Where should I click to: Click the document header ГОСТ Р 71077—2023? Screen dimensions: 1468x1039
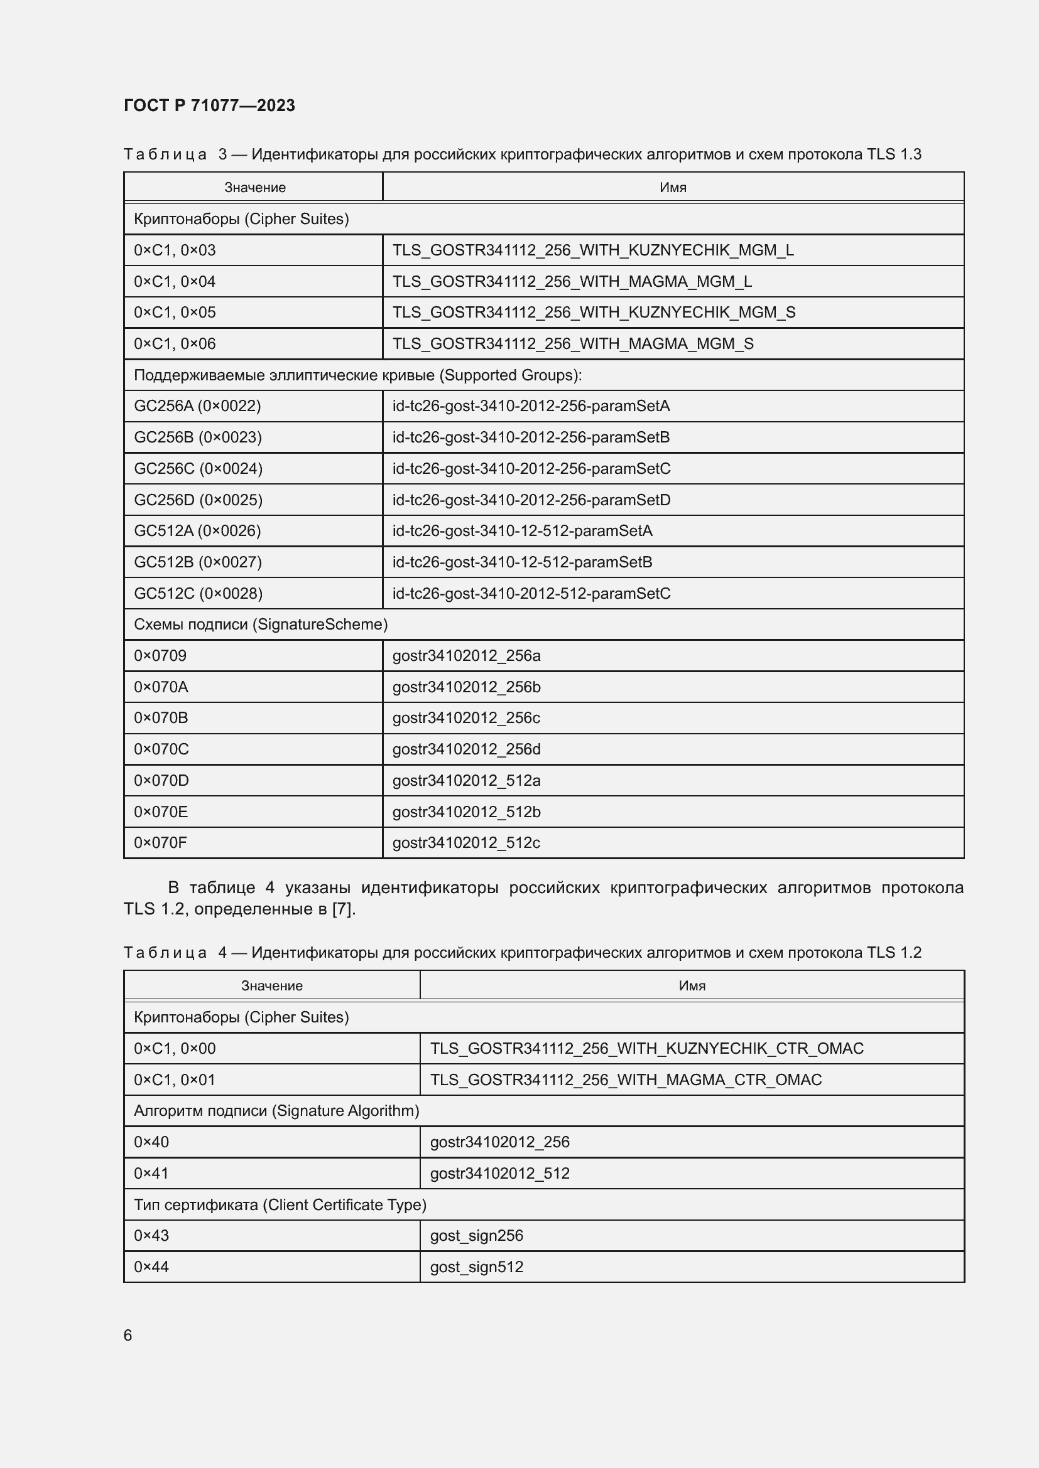tap(209, 105)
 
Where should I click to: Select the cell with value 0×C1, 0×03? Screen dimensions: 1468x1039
tap(175, 250)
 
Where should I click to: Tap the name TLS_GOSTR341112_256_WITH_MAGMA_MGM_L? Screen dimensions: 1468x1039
tap(572, 281)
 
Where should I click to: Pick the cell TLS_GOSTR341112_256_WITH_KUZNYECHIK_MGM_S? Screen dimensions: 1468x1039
tap(594, 312)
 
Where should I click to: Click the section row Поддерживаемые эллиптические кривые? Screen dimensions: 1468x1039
tap(357, 375)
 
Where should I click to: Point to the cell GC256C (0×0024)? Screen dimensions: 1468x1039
tap(199, 469)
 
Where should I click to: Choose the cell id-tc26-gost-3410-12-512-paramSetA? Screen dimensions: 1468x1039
tap(522, 531)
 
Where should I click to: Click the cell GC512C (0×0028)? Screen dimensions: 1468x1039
tap(199, 593)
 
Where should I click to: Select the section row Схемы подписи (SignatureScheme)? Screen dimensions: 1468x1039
tap(261, 624)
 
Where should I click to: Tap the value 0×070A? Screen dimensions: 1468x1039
tap(161, 687)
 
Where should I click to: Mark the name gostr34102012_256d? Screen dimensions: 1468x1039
tap(466, 749)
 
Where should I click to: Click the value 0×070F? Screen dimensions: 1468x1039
tap(161, 843)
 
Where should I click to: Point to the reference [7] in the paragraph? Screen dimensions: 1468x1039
tap(342, 909)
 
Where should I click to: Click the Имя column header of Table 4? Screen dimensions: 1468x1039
tap(692, 986)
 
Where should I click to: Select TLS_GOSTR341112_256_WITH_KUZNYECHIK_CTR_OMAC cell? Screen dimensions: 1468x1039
tap(647, 1049)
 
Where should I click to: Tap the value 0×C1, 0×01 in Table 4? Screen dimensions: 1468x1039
tap(175, 1080)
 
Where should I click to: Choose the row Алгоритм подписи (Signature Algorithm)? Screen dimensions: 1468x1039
tap(276, 1112)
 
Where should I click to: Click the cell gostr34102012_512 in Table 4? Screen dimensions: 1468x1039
tap(499, 1173)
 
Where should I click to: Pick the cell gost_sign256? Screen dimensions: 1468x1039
tap(477, 1236)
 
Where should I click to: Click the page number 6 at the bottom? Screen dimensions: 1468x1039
tap(128, 1336)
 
